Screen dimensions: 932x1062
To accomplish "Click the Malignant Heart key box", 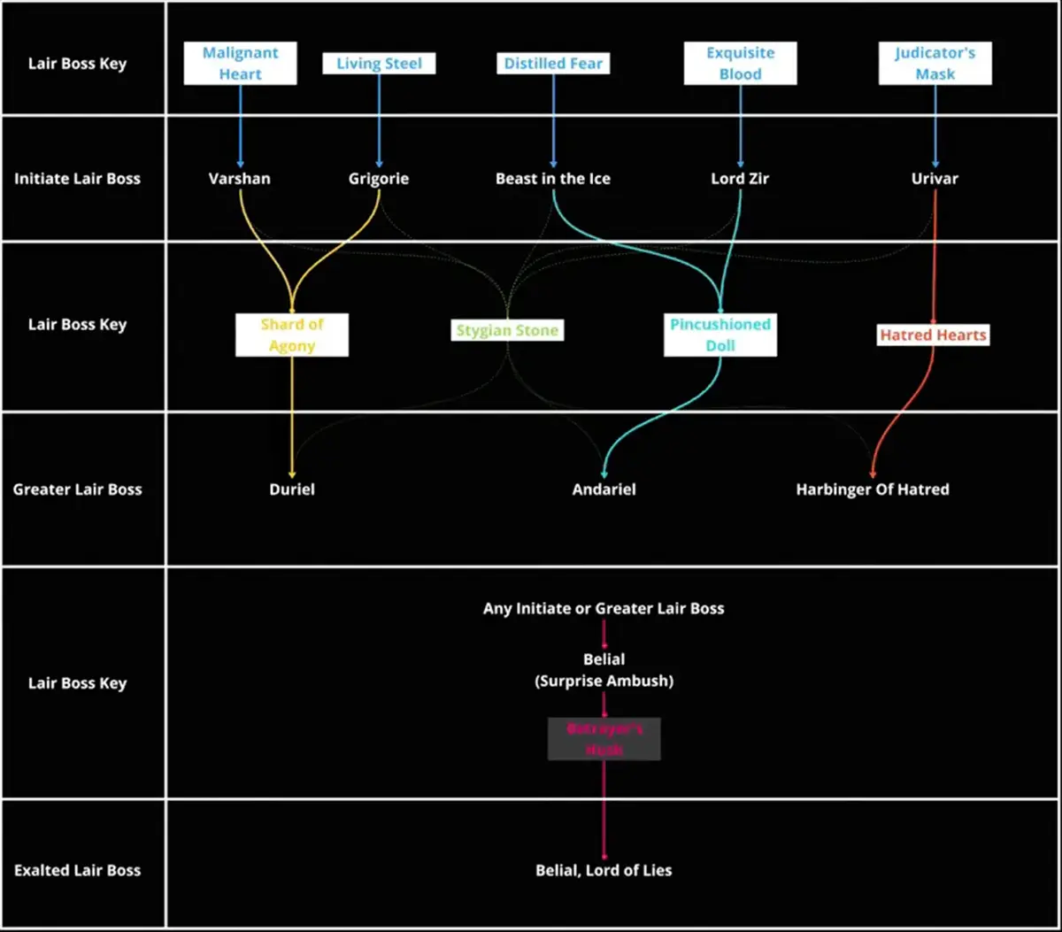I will pos(240,64).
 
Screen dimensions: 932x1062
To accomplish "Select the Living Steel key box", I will pos(379,64).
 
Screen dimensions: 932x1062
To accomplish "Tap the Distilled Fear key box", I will pos(553,64).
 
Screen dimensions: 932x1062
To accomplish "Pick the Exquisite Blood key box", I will pos(740,64).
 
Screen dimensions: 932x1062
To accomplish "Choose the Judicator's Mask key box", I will pos(935,64).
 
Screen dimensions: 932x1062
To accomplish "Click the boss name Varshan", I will pos(240,179).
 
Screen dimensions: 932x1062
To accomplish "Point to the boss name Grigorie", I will pos(379,179).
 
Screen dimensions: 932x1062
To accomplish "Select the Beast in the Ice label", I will pos(553,179).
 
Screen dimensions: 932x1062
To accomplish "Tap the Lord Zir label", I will pos(740,179).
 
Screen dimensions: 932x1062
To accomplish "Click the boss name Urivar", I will pos(935,179).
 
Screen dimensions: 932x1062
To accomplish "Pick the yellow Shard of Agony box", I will pos(292,335).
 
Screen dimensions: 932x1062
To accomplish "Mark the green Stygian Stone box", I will pos(507,331).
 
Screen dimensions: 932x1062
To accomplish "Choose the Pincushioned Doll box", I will pos(720,335).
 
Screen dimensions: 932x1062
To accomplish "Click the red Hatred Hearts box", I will pos(933,335).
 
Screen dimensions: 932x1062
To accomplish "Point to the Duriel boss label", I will pos(292,489).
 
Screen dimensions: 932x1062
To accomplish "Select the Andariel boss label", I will pos(604,489).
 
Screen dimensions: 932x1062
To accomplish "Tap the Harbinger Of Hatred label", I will pos(873,489).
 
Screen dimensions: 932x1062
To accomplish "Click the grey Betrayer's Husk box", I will pos(604,739).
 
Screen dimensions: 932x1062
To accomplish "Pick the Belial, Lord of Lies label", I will pos(604,871).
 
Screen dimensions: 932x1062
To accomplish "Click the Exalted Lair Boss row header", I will pos(77,871).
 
